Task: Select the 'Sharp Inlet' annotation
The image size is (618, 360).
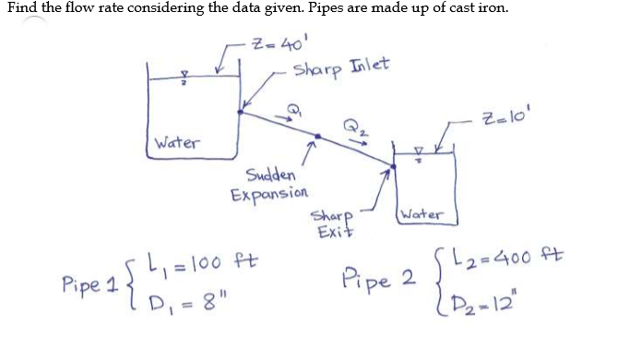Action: (341, 67)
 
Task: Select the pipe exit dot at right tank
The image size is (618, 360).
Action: (393, 166)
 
